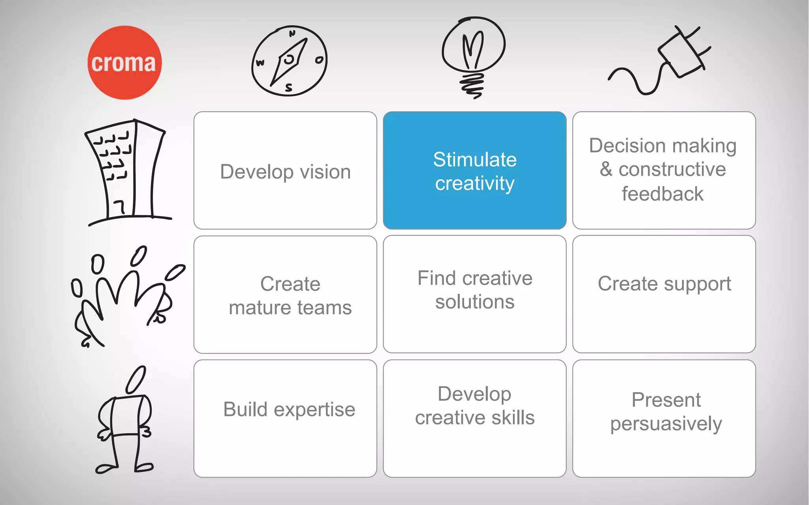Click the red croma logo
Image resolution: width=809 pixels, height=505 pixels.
click(124, 63)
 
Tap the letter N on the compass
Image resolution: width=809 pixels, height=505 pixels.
click(292, 34)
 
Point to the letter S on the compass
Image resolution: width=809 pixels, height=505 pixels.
click(289, 88)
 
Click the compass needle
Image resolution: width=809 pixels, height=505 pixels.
click(289, 62)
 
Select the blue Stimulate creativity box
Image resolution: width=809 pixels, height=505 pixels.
click(474, 170)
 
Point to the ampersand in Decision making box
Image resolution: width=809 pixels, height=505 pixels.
click(606, 169)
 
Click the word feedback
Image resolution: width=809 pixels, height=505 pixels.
click(662, 194)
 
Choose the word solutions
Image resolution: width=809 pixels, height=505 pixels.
click(475, 302)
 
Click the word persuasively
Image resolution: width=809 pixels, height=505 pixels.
click(666, 424)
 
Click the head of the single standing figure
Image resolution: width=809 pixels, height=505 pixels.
click(135, 380)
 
